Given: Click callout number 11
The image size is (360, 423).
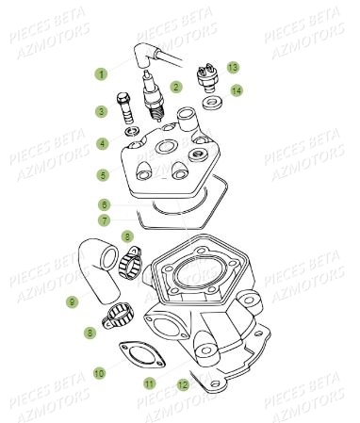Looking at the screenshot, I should click(148, 383).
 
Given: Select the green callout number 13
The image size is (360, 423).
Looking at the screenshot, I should click(232, 67).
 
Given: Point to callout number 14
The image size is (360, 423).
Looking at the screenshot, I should click(237, 89).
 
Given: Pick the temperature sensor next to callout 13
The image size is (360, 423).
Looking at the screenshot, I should click(207, 73).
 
